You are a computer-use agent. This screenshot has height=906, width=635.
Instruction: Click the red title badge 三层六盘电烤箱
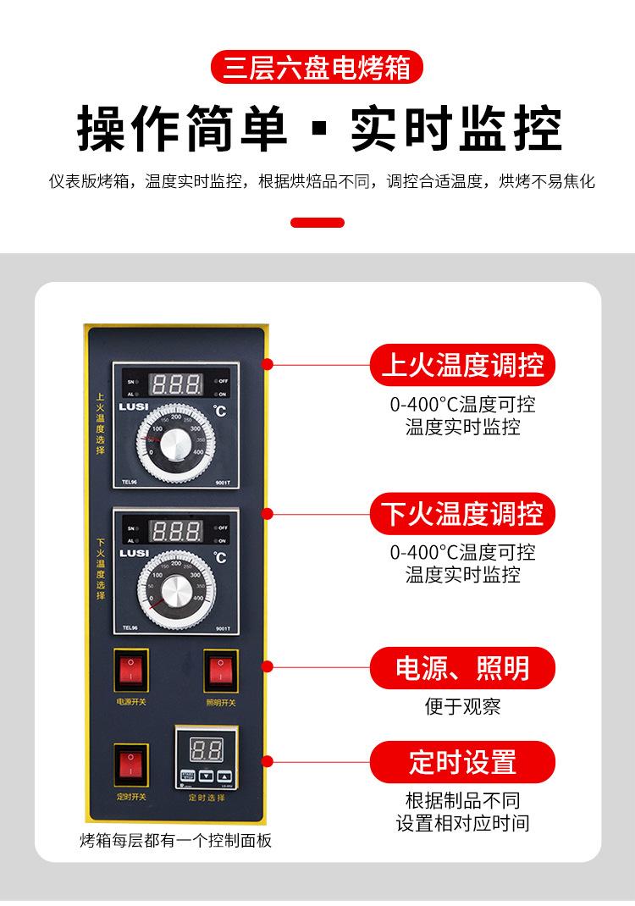pos(317,68)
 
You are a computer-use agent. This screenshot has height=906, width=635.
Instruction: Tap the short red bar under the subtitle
pos(317,223)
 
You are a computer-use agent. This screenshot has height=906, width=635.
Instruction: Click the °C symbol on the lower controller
pos(220,557)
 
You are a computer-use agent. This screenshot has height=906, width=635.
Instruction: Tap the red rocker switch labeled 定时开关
pos(131,765)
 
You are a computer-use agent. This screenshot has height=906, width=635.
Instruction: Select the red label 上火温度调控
pos(462,366)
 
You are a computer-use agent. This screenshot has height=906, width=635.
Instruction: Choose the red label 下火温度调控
pos(462,513)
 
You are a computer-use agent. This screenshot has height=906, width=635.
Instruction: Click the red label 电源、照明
pos(462,668)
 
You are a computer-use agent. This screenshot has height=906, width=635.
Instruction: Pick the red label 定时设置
pos(462,761)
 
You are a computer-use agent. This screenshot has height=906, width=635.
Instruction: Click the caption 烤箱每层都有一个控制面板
pos(176,841)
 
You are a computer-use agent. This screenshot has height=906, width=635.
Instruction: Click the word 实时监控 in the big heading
pos(456,130)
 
